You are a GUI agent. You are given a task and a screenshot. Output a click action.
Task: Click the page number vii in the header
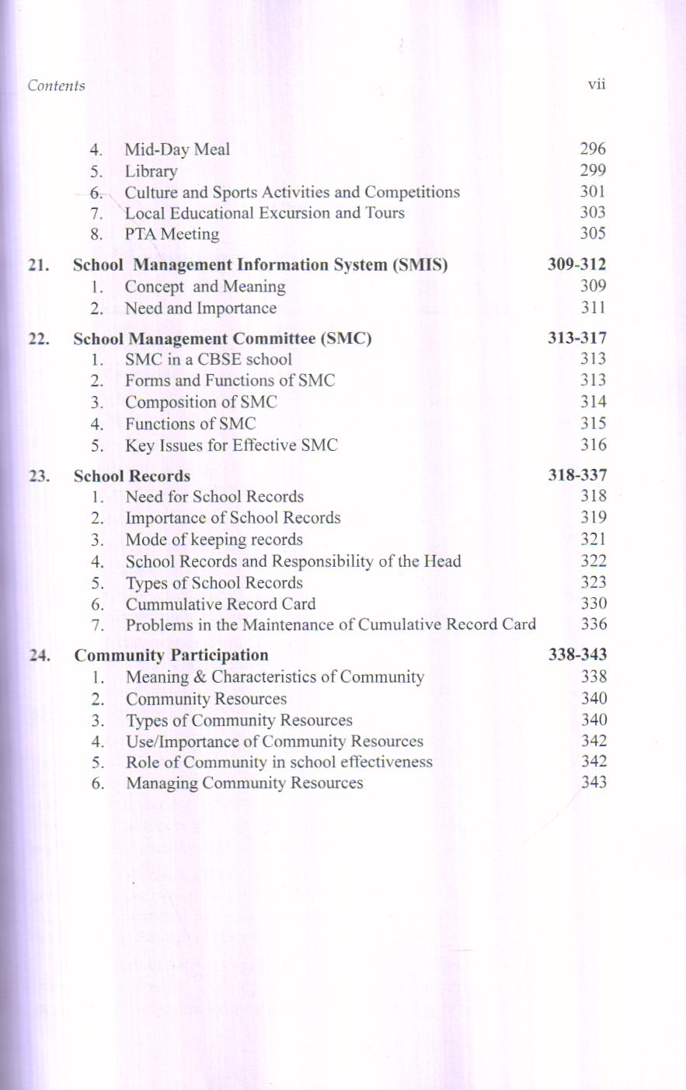pyautogui.click(x=596, y=85)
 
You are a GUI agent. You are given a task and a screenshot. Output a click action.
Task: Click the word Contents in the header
pyautogui.click(x=56, y=86)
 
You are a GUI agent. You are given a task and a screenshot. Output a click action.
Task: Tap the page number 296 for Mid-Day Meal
pyautogui.click(x=593, y=148)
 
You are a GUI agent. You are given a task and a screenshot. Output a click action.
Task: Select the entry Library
pyautogui.click(x=151, y=171)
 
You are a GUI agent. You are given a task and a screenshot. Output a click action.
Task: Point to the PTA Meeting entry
pyautogui.click(x=172, y=234)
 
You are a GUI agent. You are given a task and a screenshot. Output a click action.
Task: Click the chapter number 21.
pyautogui.click(x=38, y=265)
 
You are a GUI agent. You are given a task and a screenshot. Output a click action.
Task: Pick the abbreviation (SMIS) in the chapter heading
pyautogui.click(x=420, y=265)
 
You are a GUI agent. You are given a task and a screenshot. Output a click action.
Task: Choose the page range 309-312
pyautogui.click(x=576, y=264)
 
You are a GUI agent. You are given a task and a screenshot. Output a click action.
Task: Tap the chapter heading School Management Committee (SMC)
pyautogui.click(x=222, y=339)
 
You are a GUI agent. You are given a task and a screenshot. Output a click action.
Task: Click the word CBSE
pyautogui.click(x=219, y=359)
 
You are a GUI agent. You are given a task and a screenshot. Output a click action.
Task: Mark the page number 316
pyautogui.click(x=593, y=445)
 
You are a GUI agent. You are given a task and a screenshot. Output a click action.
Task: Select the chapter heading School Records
pyautogui.click(x=131, y=476)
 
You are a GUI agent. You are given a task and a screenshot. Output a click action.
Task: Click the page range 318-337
pyautogui.click(x=576, y=475)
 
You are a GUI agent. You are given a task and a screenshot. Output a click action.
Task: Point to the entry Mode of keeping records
pyautogui.click(x=214, y=540)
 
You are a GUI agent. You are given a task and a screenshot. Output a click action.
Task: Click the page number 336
pyautogui.click(x=594, y=624)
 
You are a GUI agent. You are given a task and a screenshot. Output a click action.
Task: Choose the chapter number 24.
pyautogui.click(x=39, y=655)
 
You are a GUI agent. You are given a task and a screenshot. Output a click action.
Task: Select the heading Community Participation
pyautogui.click(x=171, y=655)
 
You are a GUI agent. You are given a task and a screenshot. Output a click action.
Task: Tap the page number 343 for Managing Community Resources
pyautogui.click(x=594, y=782)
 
